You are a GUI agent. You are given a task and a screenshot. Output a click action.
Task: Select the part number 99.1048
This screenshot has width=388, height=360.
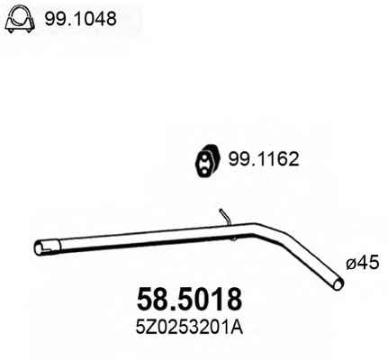point(80,19)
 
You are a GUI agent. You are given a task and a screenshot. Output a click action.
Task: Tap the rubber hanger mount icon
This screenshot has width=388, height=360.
point(208,161)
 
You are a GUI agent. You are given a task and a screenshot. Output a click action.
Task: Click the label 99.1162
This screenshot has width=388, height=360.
point(264,159)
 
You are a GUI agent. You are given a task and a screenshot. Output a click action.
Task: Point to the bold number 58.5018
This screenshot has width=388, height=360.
point(189,299)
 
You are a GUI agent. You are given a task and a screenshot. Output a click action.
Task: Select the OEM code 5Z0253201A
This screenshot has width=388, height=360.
point(189,328)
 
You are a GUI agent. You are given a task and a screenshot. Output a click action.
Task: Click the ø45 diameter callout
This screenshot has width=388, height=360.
point(363,264)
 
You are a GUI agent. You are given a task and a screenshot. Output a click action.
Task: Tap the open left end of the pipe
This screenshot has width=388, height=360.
point(39,248)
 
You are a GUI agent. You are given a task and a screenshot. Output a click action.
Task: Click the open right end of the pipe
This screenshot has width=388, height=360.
point(338,283)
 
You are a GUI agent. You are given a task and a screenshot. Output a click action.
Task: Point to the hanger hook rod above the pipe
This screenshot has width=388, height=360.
point(224,217)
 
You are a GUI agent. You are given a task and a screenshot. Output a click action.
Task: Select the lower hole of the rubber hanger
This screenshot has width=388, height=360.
point(203,172)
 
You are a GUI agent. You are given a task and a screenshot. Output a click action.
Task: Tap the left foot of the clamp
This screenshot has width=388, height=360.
point(11,30)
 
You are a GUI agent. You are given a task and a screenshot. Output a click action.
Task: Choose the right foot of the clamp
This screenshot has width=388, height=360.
point(29,30)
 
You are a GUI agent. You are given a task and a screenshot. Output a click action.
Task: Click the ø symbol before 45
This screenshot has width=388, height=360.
point(351,265)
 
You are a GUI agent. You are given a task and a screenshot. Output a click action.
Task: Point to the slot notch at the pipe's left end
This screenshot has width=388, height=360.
point(48,247)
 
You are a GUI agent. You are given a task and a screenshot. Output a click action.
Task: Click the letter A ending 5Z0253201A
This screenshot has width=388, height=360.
point(238,328)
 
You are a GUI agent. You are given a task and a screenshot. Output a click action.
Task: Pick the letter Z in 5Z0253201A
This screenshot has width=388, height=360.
point(149,328)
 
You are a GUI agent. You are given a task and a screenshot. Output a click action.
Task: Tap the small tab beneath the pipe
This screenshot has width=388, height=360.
point(234,238)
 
